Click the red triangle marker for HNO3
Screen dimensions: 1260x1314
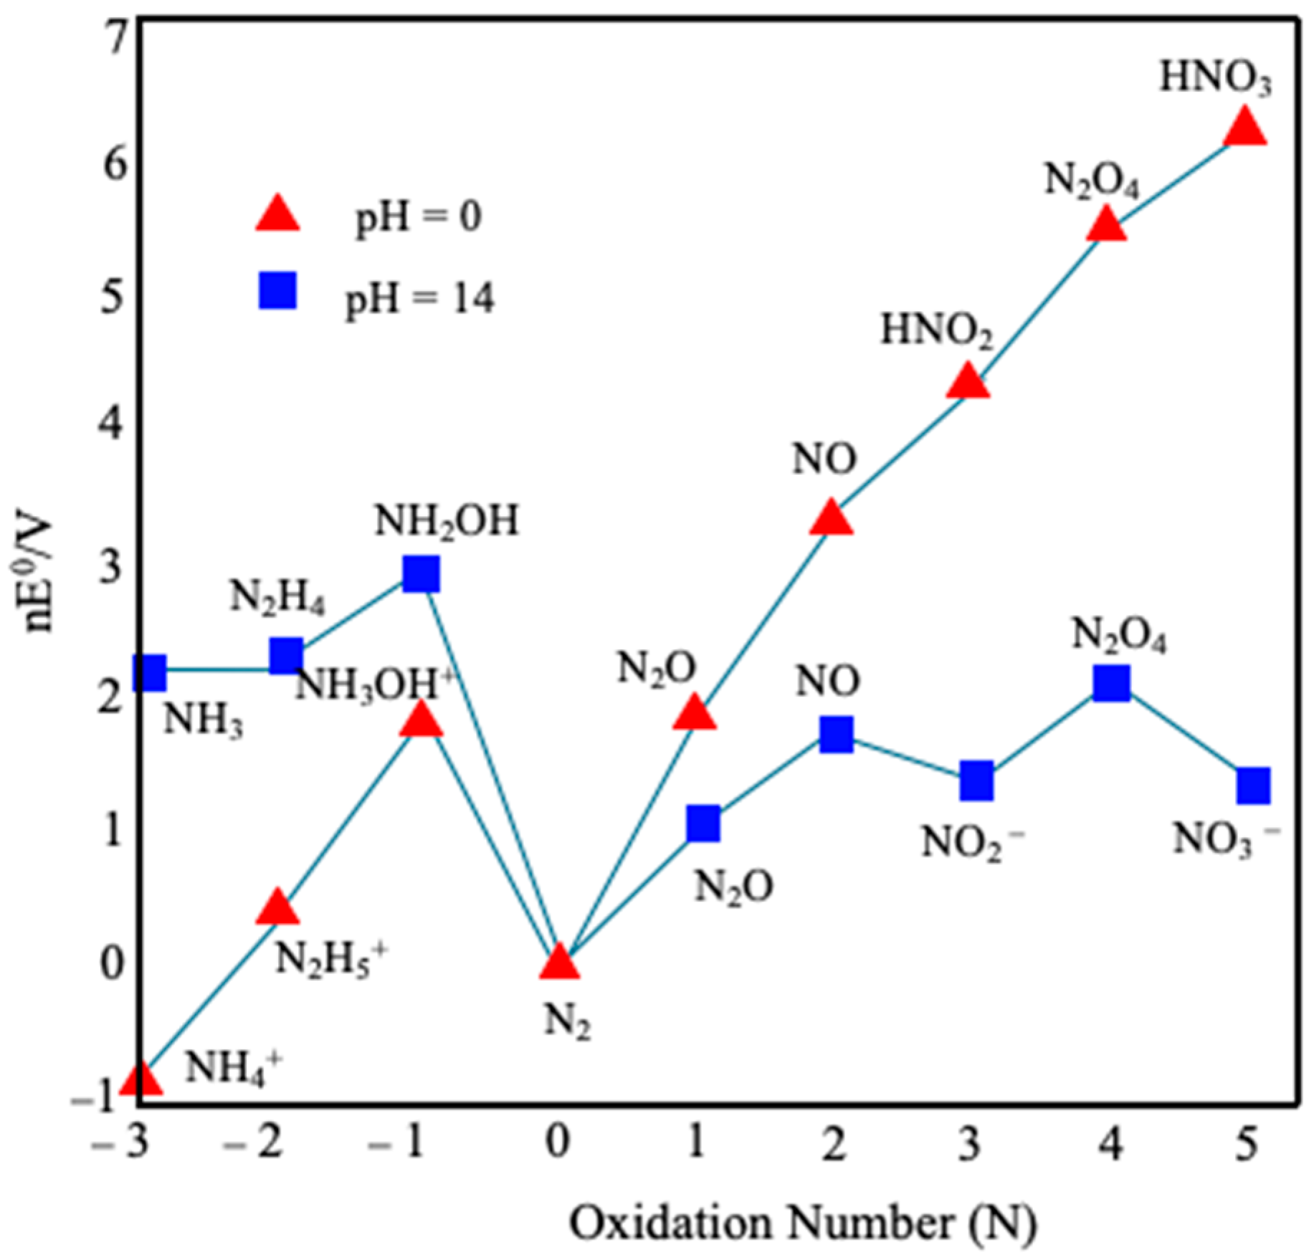(x=1244, y=128)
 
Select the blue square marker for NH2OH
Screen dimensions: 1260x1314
(x=421, y=573)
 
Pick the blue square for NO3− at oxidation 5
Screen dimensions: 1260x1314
(x=1254, y=786)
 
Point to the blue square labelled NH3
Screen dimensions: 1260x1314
(x=150, y=672)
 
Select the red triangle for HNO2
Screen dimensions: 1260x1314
(x=968, y=381)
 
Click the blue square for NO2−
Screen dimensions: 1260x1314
(x=977, y=781)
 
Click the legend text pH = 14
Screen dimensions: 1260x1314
(x=420, y=298)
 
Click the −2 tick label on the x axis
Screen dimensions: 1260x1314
(x=252, y=1145)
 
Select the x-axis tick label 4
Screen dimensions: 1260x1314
(x=1110, y=1145)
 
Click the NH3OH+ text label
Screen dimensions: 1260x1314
(x=374, y=686)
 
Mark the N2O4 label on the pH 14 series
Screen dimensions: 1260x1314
(x=1119, y=634)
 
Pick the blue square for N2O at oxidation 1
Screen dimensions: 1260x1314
(x=703, y=824)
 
